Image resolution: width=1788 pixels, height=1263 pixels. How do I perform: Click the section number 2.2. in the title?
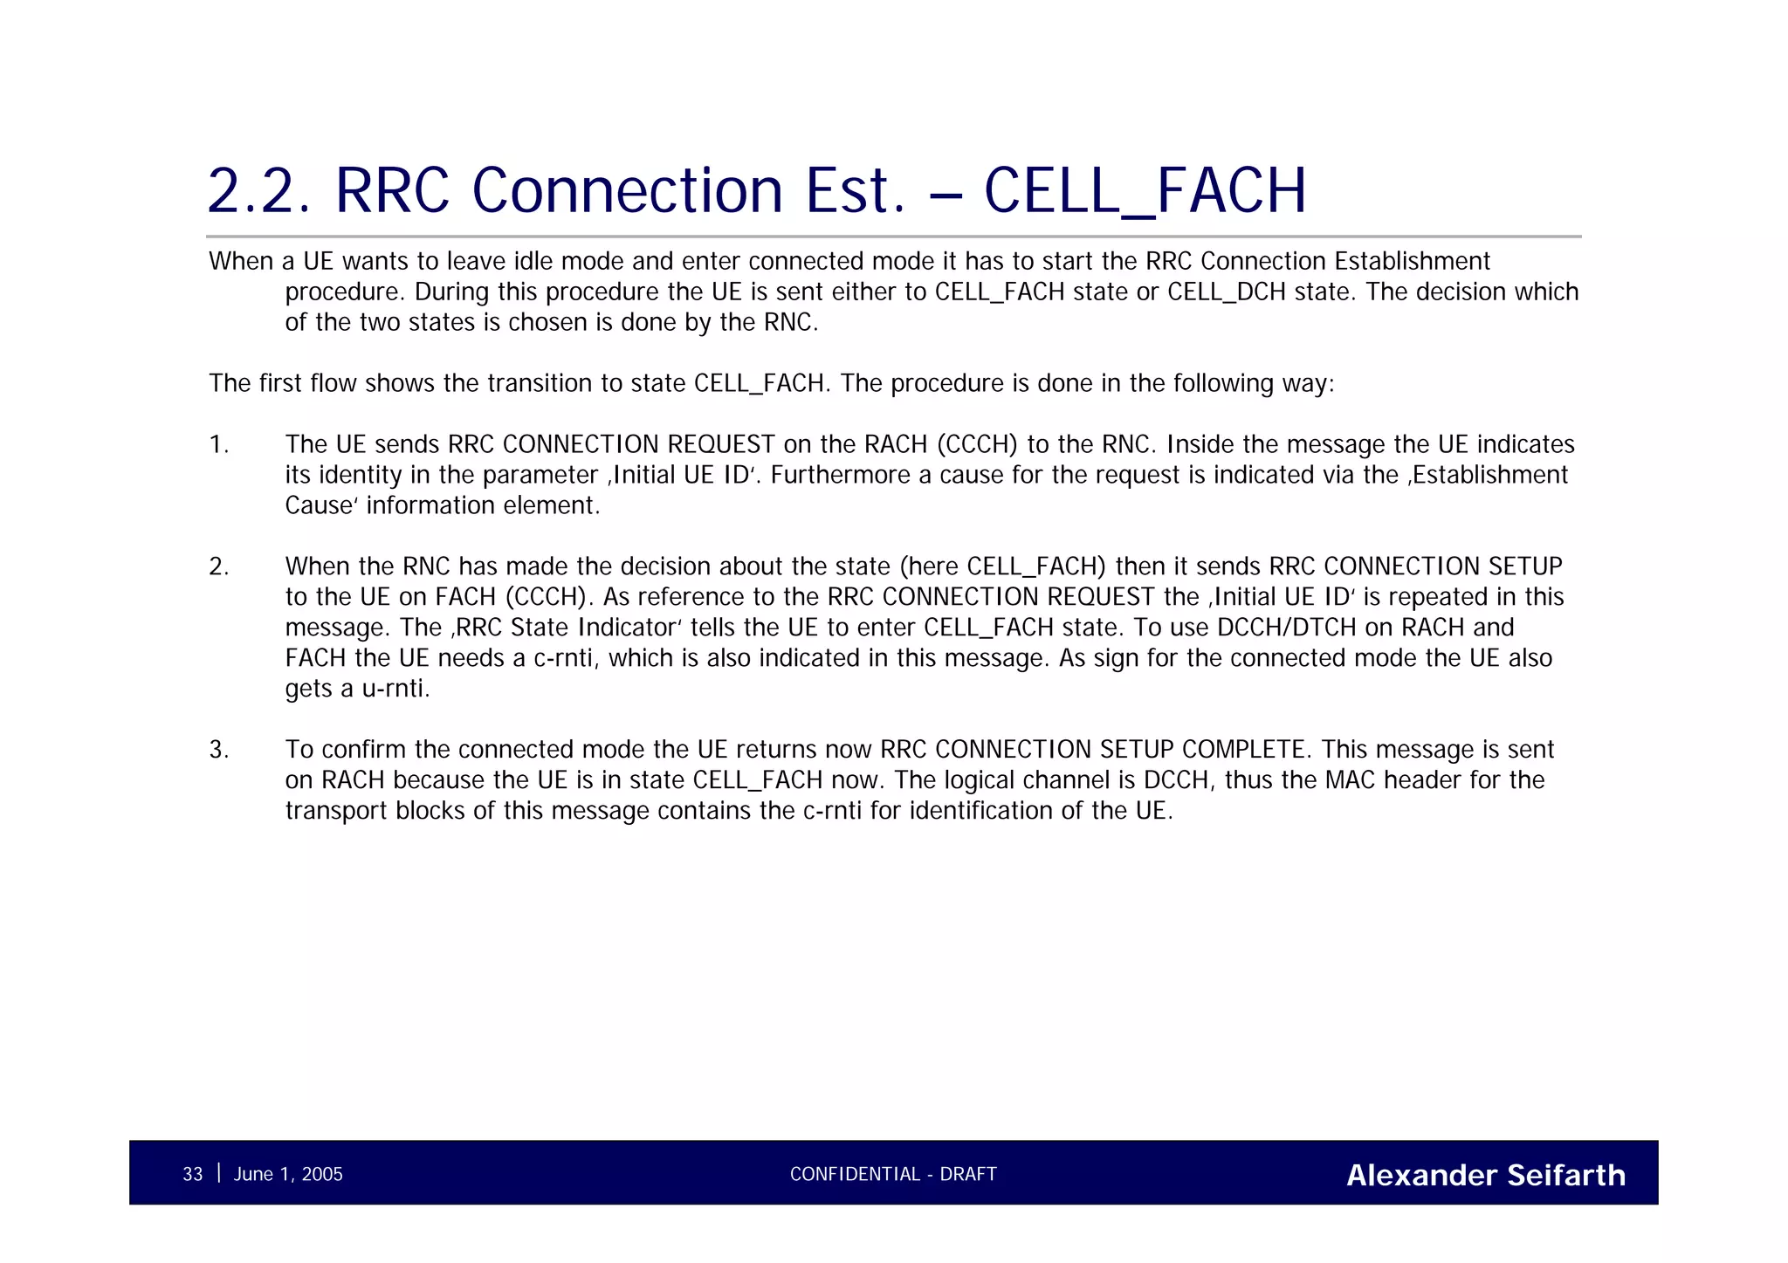(258, 191)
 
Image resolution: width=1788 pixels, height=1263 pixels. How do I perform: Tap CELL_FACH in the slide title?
(1145, 191)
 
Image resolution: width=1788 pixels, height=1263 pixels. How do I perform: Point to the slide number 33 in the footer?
(192, 1174)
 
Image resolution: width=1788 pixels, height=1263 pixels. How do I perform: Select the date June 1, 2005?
(288, 1174)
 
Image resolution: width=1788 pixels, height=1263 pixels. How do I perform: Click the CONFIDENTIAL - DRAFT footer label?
(893, 1174)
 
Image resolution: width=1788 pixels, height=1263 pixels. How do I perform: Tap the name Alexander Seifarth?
(1486, 1175)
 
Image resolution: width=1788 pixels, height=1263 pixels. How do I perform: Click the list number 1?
(218, 445)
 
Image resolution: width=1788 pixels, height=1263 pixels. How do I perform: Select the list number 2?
(218, 567)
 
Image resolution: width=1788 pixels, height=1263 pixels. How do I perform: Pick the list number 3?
(218, 751)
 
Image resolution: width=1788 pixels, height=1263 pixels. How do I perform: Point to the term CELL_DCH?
(1227, 292)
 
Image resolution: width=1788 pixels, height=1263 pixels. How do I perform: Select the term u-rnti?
(395, 690)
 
